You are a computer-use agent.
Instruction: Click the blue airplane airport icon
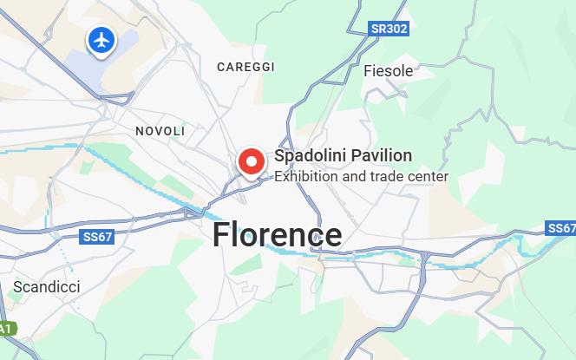pos(102,39)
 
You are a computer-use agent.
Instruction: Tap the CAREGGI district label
pos(245,67)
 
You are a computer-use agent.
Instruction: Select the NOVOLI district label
pos(160,131)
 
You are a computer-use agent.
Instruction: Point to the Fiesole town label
pos(389,71)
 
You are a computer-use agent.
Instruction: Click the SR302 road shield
pos(389,29)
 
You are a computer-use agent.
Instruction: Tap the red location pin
pos(252,161)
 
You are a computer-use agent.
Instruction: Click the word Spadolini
pos(305,156)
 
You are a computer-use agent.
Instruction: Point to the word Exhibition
pos(304,177)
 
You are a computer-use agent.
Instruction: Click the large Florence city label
pos(278,234)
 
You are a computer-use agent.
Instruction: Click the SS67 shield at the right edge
pos(562,228)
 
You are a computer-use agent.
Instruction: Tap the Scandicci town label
pos(46,286)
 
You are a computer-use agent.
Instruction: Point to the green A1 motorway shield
pos(5,329)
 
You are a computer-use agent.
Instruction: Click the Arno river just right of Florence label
pos(364,252)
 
